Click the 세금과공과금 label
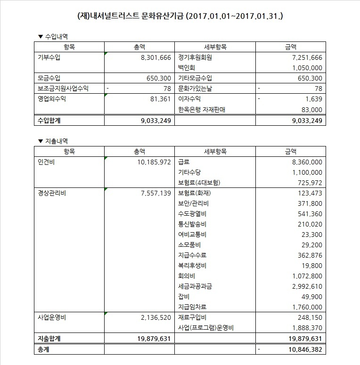195,286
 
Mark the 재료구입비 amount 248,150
308,317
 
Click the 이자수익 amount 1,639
313,99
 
